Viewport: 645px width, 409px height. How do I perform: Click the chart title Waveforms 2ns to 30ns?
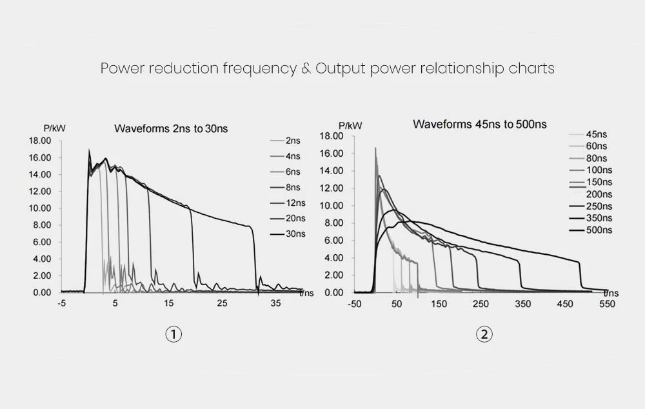tap(171, 128)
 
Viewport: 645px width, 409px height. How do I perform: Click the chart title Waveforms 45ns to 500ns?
tap(479, 124)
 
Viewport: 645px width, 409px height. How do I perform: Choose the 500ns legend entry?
tap(599, 230)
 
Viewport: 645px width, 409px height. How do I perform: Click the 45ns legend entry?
tap(597, 134)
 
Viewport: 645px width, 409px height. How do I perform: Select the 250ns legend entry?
tap(599, 206)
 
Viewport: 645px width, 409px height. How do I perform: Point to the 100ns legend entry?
tap(599, 170)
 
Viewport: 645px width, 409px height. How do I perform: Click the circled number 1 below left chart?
tap(174, 334)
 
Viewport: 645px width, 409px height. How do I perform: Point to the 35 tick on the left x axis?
tap(275, 303)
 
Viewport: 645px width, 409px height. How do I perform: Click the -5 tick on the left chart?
tap(62, 303)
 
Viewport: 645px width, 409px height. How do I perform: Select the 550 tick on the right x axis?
tap(607, 303)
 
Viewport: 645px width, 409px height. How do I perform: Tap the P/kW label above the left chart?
tap(54, 128)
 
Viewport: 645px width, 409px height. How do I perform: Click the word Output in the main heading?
tap(340, 68)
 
